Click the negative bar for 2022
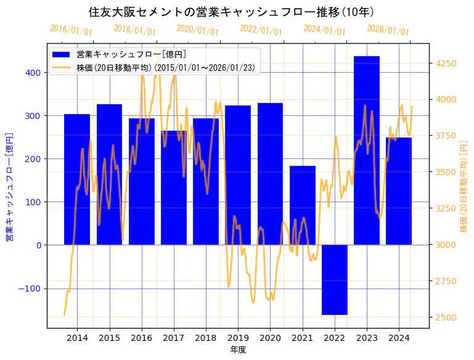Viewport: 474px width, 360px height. tap(335, 280)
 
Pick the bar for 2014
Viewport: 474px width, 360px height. tap(77, 179)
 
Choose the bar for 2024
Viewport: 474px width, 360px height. tap(399, 191)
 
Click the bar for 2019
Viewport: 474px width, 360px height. tap(238, 175)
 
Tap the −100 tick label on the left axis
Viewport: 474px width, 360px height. tap(30, 288)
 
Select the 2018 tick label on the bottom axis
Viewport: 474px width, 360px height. tap(206, 338)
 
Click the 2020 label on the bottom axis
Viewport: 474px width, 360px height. tap(271, 338)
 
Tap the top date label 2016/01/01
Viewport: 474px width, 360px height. tap(71, 30)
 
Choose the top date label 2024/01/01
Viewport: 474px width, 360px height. tap(324, 30)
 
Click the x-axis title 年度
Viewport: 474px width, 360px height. tap(238, 350)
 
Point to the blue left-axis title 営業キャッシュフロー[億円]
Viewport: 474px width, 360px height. tap(9, 186)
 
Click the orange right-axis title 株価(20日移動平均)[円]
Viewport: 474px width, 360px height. tap(464, 186)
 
